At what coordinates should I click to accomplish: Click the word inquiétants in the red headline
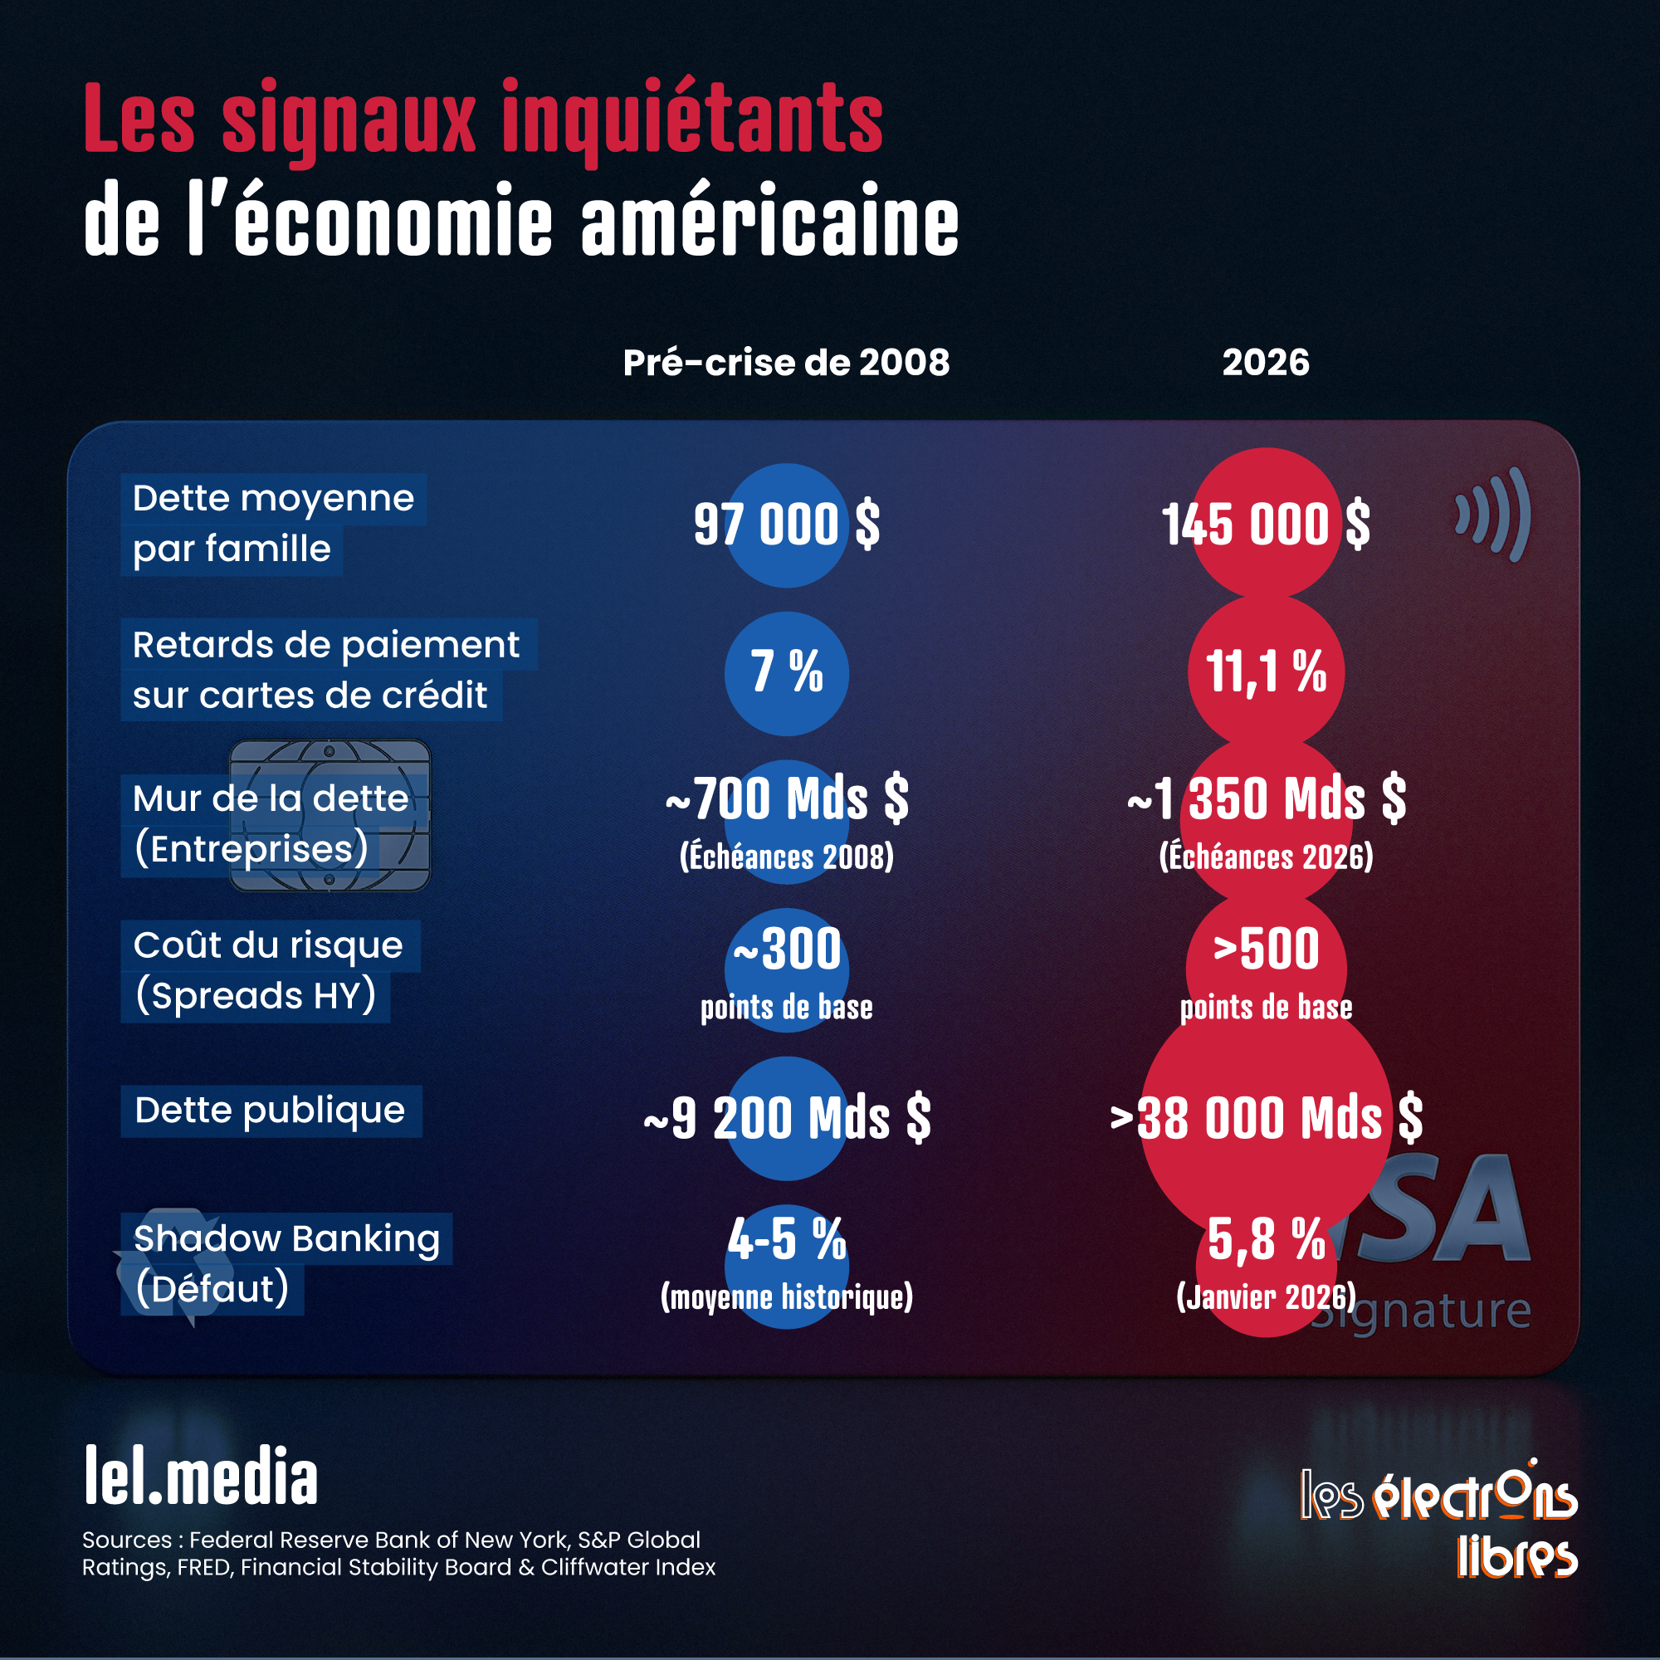(692, 120)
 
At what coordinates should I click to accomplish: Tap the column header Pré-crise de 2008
(786, 363)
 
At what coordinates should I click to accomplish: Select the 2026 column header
(1266, 363)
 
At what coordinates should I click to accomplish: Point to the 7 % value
(786, 672)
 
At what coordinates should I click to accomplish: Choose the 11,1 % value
(1266, 672)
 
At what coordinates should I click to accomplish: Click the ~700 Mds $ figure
(786, 799)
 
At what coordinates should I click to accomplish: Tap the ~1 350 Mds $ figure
(1266, 799)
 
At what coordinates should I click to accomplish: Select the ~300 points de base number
(786, 950)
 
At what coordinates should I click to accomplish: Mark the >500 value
(1266, 950)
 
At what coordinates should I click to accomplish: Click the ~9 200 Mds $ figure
(786, 1119)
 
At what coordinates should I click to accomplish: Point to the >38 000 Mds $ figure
(1266, 1119)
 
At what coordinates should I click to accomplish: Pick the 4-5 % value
(786, 1241)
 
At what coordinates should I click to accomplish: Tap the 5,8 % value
(1266, 1241)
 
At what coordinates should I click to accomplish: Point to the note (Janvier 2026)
(1266, 1296)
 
